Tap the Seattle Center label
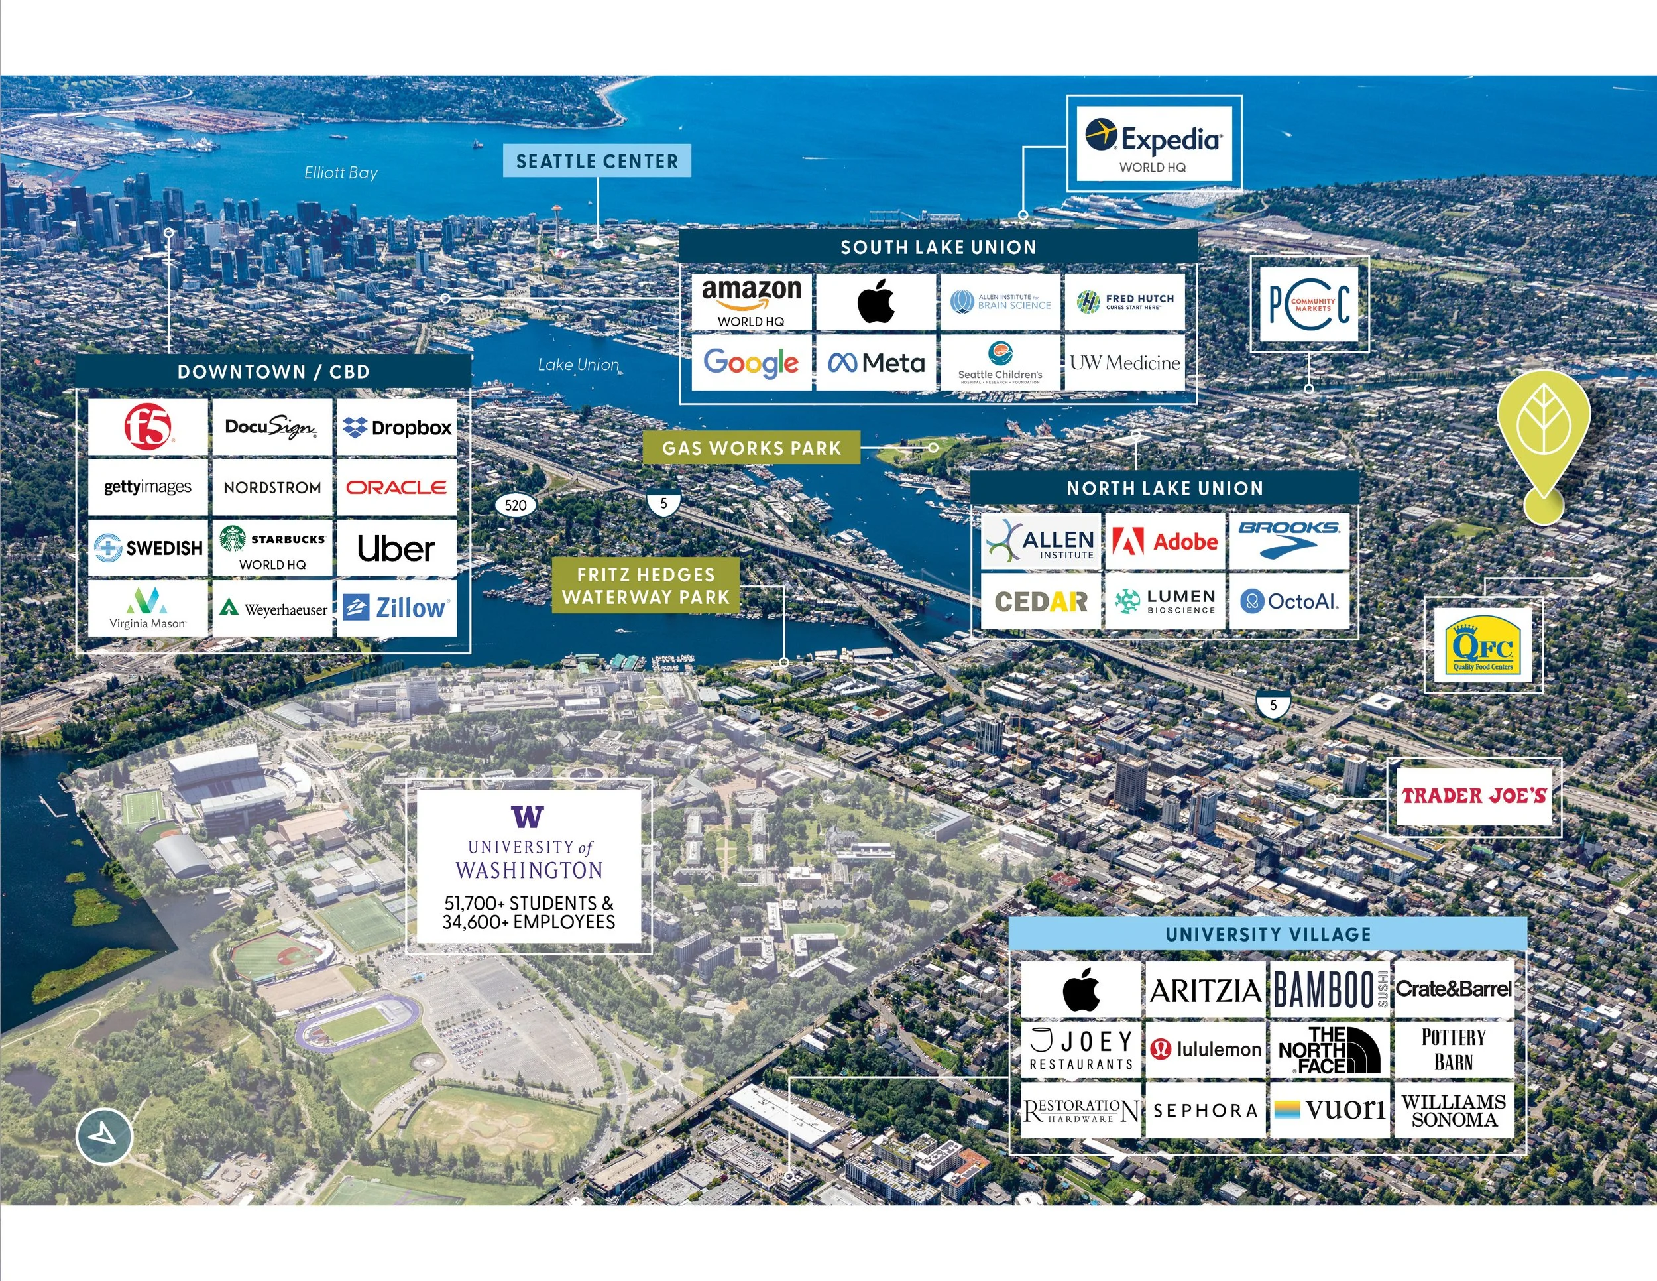tap(597, 161)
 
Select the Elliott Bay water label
tap(341, 173)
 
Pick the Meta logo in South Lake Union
tap(876, 363)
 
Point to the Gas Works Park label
tap(751, 448)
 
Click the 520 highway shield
tap(515, 505)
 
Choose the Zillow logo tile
tap(396, 608)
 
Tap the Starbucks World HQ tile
tap(272, 548)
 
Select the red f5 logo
tap(148, 426)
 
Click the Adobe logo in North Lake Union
tap(1165, 542)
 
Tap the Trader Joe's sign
tap(1473, 795)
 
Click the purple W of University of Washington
tap(528, 817)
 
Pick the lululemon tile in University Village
tap(1205, 1050)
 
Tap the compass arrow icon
tap(105, 1136)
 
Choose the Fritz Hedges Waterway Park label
tap(646, 586)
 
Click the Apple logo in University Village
tap(1081, 989)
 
